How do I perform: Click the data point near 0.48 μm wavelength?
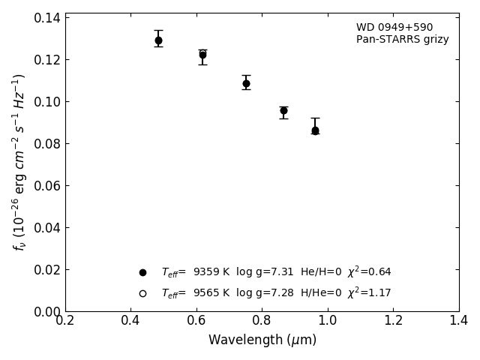(x=158, y=40)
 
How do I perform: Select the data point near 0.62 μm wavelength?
(x=202, y=55)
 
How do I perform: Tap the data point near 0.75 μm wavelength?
(x=246, y=83)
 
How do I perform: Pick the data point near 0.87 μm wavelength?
(x=283, y=110)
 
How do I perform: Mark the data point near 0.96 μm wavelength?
(x=315, y=130)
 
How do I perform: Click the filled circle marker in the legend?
(x=142, y=272)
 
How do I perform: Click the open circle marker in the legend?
(x=142, y=293)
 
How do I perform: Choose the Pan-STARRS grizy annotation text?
(x=402, y=40)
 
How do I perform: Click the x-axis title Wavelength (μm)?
(x=262, y=340)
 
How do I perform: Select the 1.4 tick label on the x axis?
(x=458, y=321)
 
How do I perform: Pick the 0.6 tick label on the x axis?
(x=196, y=321)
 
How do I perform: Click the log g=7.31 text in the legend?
(x=265, y=272)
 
